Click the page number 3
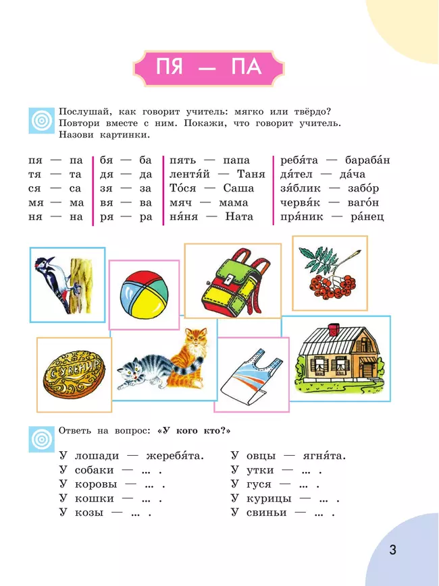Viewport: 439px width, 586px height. click(392, 550)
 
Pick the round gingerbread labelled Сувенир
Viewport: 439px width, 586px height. click(74, 374)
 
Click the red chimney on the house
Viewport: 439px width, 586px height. click(333, 329)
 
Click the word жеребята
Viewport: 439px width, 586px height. click(174, 456)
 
